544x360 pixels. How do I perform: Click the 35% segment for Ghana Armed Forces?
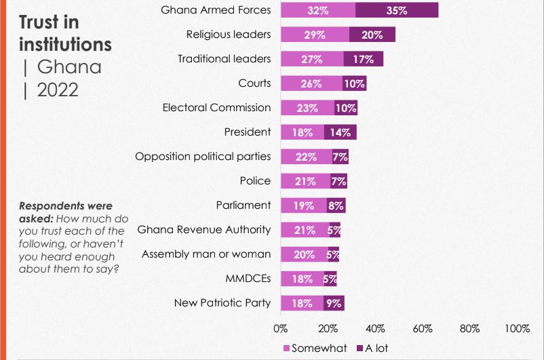(397, 10)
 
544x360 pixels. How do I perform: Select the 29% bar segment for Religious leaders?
(314, 35)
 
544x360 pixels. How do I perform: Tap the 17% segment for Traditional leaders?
(364, 59)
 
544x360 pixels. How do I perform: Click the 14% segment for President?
(340, 132)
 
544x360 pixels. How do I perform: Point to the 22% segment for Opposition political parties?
(306, 157)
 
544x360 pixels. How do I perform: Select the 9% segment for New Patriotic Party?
(334, 303)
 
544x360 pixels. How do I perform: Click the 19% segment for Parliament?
(303, 205)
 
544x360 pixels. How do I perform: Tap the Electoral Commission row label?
(216, 108)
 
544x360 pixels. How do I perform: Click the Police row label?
(255, 181)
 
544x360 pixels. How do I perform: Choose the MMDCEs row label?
(248, 279)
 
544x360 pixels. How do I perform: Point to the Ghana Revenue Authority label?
(204, 230)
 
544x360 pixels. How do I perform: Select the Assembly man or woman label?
(206, 254)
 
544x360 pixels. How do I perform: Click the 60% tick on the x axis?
(423, 328)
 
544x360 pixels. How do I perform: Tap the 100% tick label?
(517, 328)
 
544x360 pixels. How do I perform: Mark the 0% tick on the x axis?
(280, 328)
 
